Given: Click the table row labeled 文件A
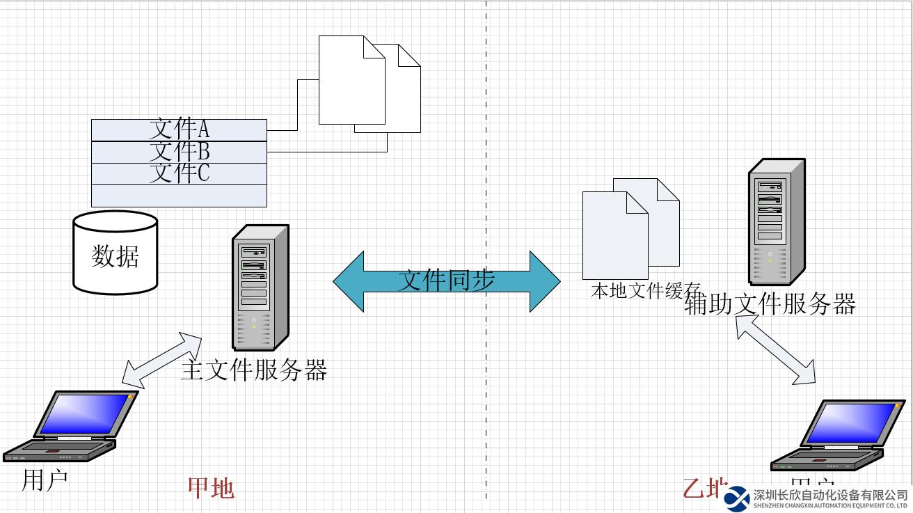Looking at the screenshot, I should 179,129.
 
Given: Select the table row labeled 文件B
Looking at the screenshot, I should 179,152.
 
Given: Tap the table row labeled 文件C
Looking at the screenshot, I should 179,173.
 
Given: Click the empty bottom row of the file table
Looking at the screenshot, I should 179,196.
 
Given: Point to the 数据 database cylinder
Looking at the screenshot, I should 116,252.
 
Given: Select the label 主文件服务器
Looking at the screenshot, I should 254,370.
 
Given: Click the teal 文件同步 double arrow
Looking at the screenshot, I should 446,281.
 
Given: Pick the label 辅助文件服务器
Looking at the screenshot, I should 770,304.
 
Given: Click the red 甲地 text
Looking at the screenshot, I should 211,488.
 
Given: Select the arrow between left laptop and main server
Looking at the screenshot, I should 161,359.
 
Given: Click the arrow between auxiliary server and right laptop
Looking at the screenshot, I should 776,349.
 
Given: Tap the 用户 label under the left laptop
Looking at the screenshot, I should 45,480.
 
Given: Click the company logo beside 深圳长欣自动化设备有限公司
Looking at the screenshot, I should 736,498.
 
